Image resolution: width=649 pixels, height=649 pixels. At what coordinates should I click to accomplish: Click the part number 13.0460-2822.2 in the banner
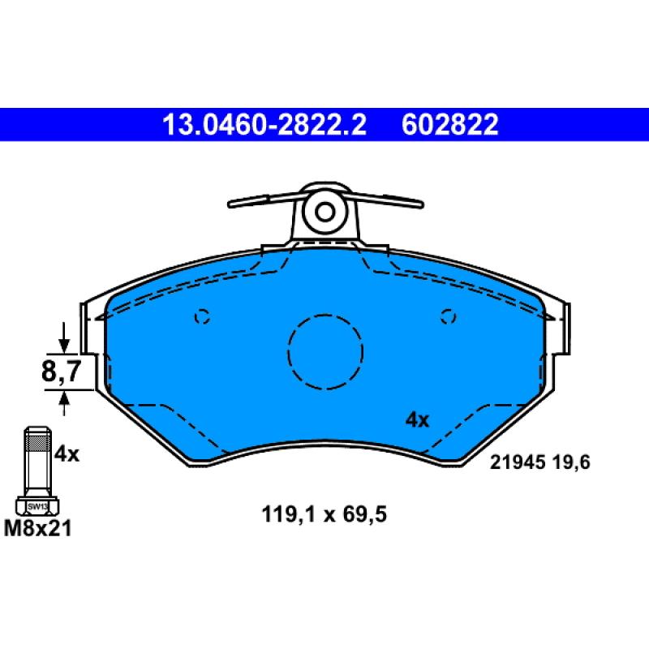(x=264, y=125)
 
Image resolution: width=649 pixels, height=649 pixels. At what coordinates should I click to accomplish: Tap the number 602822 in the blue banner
(x=449, y=125)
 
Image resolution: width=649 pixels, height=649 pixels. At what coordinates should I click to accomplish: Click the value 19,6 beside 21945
(x=569, y=463)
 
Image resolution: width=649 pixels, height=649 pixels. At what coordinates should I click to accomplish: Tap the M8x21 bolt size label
(x=37, y=529)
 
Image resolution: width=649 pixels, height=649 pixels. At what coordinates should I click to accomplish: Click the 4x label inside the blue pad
(x=417, y=419)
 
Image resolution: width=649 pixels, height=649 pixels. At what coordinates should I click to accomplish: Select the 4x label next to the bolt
(x=67, y=454)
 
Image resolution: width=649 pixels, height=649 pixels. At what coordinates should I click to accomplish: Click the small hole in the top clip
(x=324, y=213)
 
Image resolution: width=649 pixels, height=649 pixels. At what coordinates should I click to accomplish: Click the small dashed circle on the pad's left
(x=203, y=316)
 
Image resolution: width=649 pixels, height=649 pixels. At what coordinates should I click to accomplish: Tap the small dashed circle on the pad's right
(x=447, y=316)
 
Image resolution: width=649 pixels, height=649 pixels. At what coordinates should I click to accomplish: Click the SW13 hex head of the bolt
(x=37, y=505)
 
